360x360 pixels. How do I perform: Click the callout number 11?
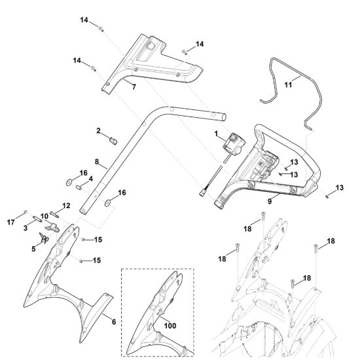pos(288,85)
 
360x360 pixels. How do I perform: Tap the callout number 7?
pos(134,87)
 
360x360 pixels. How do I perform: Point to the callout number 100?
pos(170,325)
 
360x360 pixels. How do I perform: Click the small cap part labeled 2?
pos(113,141)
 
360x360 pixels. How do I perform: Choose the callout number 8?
pos(97,162)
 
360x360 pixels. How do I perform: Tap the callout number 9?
pos(270,202)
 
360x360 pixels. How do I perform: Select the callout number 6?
pos(114,322)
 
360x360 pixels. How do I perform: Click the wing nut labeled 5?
pos(44,239)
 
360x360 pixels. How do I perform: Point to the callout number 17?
pos(10,223)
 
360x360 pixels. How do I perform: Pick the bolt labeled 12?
pos(54,215)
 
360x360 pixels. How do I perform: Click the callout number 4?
pos(91,179)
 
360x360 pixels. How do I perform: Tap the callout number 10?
pos(45,216)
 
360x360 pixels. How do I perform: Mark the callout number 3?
pos(26,228)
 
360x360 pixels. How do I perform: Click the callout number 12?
pos(66,206)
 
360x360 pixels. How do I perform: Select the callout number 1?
pos(216,134)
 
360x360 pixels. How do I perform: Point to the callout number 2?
pos(98,131)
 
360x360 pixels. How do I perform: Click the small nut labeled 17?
pos(26,211)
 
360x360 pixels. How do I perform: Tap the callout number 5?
pos(33,249)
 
